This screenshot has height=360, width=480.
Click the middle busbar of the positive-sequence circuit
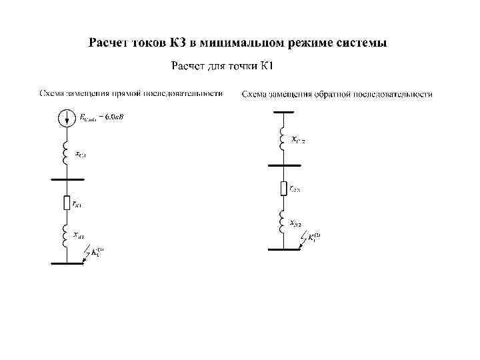(67, 179)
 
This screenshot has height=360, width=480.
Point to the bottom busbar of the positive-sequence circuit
(67, 263)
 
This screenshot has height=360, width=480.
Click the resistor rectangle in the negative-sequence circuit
(285, 189)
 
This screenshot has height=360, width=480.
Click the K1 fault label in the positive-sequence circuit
(97, 252)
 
